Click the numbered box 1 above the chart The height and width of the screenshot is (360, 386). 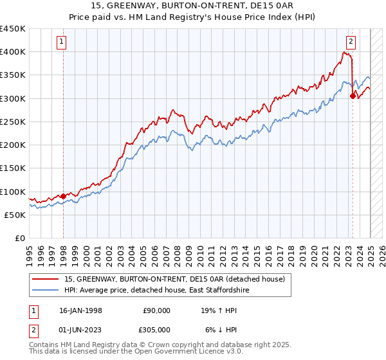(x=62, y=42)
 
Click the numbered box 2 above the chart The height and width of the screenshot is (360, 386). (x=351, y=42)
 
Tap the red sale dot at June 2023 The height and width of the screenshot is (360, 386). (x=353, y=96)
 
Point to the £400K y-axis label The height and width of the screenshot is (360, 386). (x=13, y=52)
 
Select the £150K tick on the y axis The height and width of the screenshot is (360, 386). (x=13, y=168)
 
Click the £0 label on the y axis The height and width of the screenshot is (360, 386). (x=20, y=238)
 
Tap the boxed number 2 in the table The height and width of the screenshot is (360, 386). (x=32, y=329)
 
